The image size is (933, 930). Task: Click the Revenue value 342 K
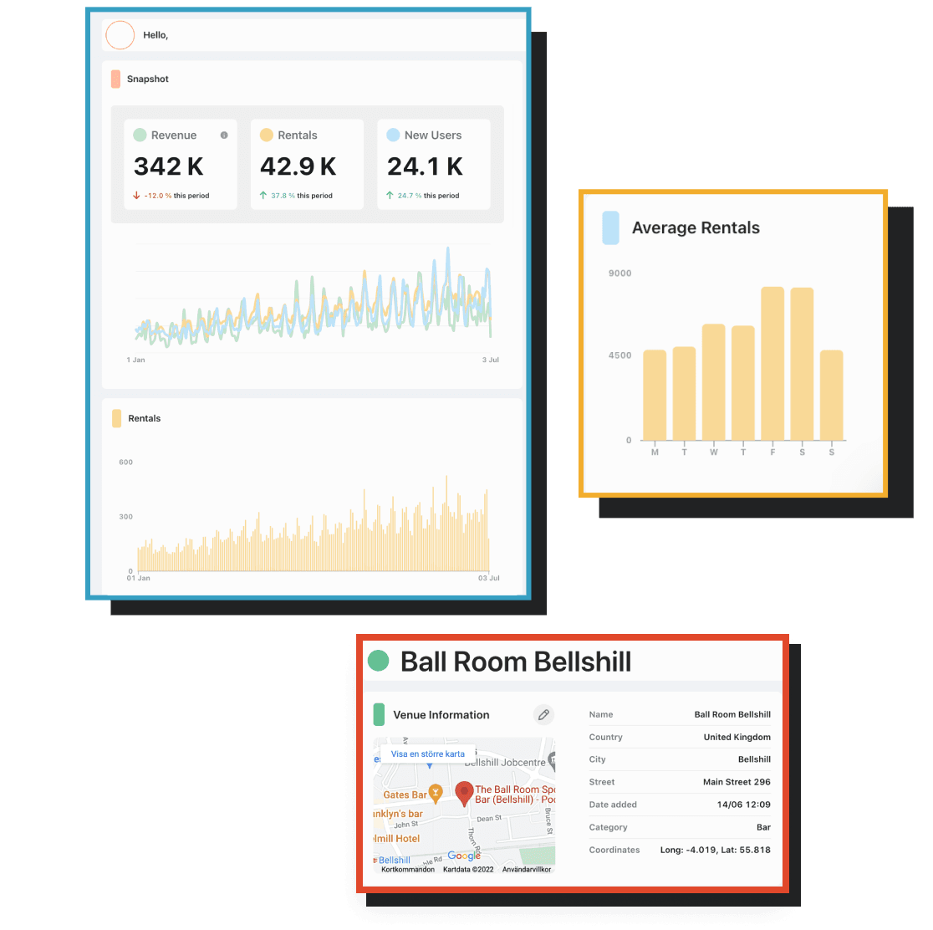[x=169, y=166]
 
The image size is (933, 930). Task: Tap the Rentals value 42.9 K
[x=298, y=166]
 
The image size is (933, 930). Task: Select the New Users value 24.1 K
[x=425, y=166]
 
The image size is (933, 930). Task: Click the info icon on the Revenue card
[x=223, y=135]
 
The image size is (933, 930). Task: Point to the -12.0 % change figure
[x=158, y=196]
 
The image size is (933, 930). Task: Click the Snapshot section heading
[x=147, y=79]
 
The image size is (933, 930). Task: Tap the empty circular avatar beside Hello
[x=120, y=35]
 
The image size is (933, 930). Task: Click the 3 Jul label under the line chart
[x=490, y=360]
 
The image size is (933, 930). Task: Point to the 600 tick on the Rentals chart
[x=125, y=462]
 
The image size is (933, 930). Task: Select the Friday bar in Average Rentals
[x=772, y=364]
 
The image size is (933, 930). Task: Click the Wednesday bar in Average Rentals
[x=714, y=382]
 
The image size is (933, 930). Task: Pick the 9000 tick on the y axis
[x=619, y=273]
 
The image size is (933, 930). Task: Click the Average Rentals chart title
[x=696, y=228]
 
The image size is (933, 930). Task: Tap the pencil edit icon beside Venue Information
[x=543, y=714]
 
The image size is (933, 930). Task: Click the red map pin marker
[x=464, y=793]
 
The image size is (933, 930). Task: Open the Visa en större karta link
[x=427, y=754]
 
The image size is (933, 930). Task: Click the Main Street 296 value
[x=737, y=782]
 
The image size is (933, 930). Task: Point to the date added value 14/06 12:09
[x=745, y=805]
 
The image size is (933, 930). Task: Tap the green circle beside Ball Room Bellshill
[x=379, y=661]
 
